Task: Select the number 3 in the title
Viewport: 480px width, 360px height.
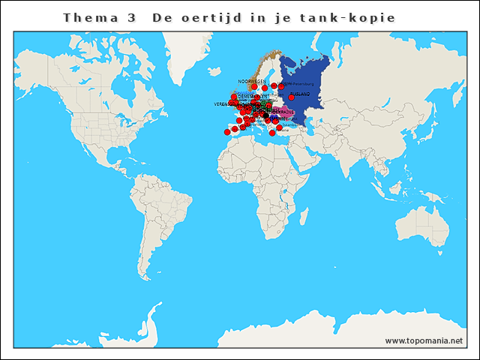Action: (132, 17)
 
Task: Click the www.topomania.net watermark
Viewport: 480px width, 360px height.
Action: (424, 340)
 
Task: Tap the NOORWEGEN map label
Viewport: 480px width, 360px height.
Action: (252, 81)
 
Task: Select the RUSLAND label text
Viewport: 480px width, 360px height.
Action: (301, 94)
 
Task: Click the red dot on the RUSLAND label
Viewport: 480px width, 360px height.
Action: (291, 97)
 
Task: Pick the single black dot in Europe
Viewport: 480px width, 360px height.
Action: (265, 116)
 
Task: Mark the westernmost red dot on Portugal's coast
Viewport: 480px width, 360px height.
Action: (227, 132)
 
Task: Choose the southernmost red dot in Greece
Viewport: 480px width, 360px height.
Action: (272, 133)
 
